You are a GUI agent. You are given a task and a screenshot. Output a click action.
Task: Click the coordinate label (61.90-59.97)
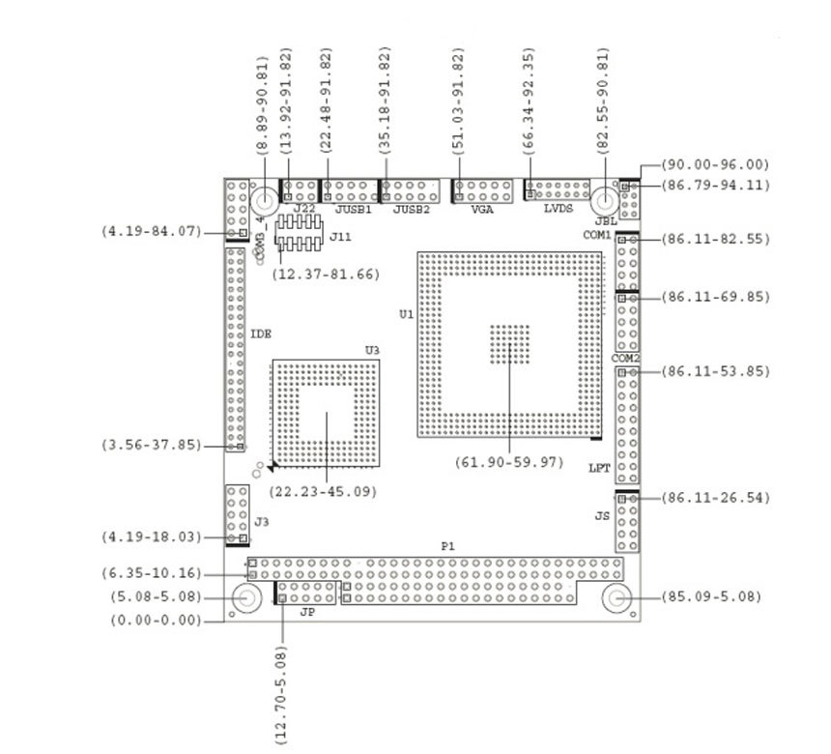[x=509, y=462]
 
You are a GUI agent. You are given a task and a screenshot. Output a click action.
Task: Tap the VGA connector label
[x=480, y=209]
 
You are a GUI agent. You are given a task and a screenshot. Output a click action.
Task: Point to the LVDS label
[x=559, y=209]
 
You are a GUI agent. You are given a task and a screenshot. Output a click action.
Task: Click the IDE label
[x=261, y=334]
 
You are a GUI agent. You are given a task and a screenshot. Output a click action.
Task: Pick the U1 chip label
[x=406, y=314]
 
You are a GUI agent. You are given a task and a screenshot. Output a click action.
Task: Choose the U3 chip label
[x=372, y=350]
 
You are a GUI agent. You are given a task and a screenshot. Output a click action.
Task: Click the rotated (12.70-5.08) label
[x=281, y=694]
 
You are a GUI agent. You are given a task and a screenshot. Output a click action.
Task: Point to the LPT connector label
[x=599, y=469]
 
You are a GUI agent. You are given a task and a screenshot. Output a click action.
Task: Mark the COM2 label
[x=626, y=359]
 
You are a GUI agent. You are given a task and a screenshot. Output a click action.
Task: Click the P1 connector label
[x=447, y=547]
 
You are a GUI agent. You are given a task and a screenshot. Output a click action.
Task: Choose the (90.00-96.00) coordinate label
[x=716, y=165]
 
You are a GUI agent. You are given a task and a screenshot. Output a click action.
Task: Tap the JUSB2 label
[x=411, y=209]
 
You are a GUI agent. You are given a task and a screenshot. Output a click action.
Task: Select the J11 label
[x=339, y=236]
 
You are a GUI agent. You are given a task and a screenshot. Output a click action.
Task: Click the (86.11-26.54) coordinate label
[x=716, y=499]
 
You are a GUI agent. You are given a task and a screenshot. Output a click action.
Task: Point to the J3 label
[x=261, y=522]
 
